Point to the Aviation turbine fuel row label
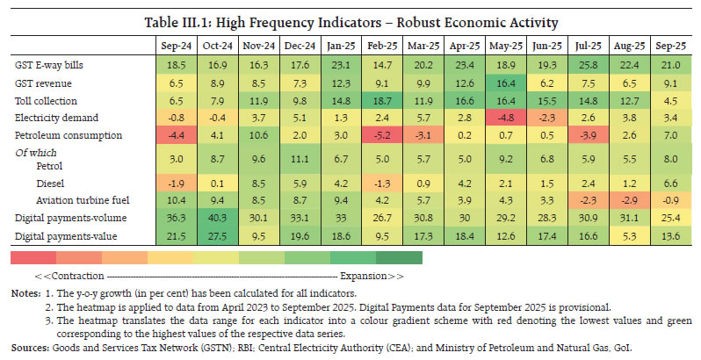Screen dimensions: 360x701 (78, 200)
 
